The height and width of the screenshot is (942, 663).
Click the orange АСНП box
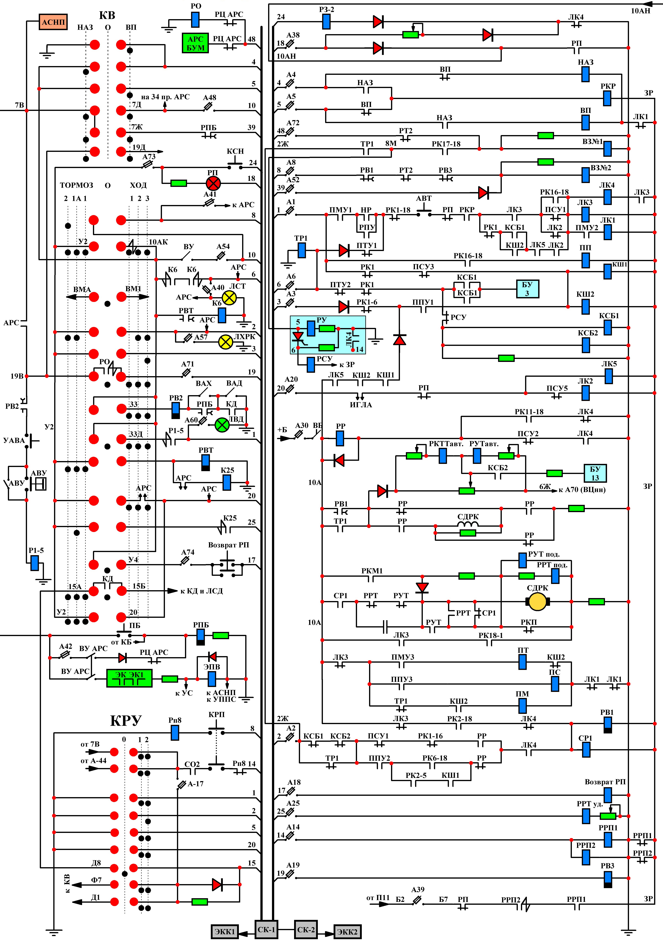click(53, 22)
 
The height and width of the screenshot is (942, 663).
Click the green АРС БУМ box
click(195, 43)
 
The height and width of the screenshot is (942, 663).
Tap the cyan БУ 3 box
click(527, 289)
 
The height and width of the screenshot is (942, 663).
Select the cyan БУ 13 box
click(595, 473)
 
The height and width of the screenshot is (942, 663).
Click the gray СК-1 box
click(266, 929)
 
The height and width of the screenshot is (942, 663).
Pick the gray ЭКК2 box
click(347, 931)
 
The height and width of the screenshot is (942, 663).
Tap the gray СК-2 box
click(306, 929)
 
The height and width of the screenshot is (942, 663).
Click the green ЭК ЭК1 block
click(129, 678)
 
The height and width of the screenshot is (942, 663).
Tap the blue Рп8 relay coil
click(175, 732)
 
